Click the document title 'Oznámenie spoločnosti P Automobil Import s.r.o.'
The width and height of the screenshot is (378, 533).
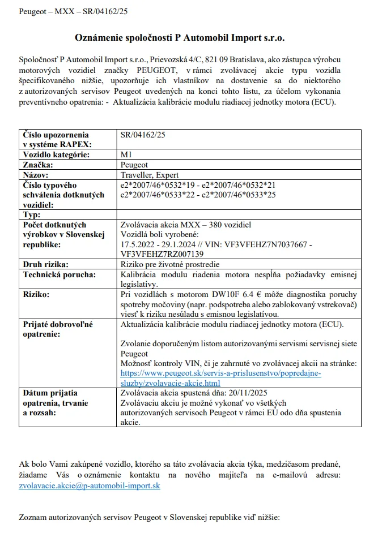click(180, 38)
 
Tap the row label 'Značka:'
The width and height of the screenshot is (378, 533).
click(37, 165)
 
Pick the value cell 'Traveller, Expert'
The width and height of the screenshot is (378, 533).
click(150, 175)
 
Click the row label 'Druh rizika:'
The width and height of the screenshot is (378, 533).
click(45, 264)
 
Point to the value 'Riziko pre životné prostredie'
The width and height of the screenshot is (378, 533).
click(171, 264)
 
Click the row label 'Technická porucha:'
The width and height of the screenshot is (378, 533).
click(59, 274)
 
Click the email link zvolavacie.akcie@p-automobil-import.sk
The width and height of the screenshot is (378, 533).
click(90, 486)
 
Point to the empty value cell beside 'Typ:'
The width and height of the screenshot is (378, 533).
click(238, 214)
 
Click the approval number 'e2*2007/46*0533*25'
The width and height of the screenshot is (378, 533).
click(239, 194)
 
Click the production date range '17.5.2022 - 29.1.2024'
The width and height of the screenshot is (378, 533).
click(160, 244)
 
